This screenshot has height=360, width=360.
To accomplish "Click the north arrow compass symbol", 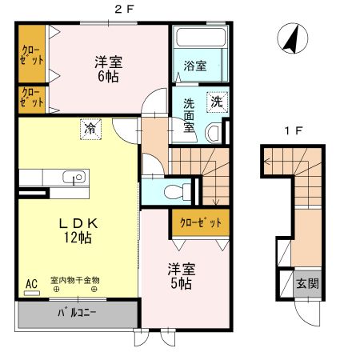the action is pyautogui.click(x=293, y=38).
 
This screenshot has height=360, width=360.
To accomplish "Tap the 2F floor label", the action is pyautogui.click(x=124, y=10).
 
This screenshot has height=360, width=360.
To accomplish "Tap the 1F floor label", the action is pyautogui.click(x=294, y=131).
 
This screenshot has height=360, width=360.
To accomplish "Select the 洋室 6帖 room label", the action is pyautogui.click(x=109, y=69).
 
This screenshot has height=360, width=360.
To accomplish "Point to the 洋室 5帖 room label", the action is pyautogui.click(x=182, y=277).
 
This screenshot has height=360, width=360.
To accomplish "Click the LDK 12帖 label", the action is pyautogui.click(x=78, y=230).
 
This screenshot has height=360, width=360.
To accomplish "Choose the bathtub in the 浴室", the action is pyautogui.click(x=201, y=37).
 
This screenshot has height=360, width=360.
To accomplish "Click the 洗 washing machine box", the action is pyautogui.click(x=217, y=102).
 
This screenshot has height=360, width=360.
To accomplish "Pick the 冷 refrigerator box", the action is pyautogui.click(x=90, y=130).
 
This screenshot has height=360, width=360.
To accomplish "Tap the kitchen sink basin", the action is pyautogui.click(x=74, y=177).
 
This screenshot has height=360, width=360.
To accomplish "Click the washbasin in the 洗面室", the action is pyautogui.click(x=214, y=133).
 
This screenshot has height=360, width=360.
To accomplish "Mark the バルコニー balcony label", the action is pyautogui.click(x=77, y=313).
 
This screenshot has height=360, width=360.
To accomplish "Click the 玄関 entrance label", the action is pyautogui.click(x=308, y=283).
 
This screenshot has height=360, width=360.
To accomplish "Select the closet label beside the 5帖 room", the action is pyautogui.click(x=201, y=222).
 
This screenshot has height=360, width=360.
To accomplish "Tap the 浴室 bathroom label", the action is pyautogui.click(x=195, y=66).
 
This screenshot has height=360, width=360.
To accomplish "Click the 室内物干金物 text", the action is pyautogui.click(x=75, y=280).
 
